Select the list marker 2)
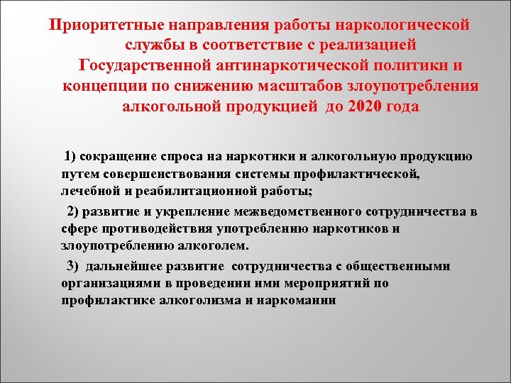[x=75, y=212]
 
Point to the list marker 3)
[x=75, y=267]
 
